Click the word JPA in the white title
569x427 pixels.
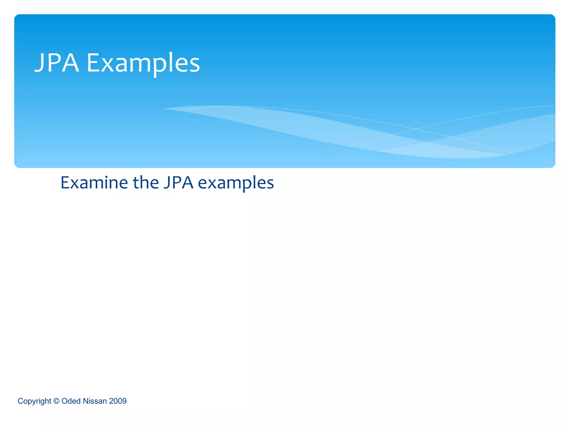click(57, 63)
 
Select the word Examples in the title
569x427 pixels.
click(143, 64)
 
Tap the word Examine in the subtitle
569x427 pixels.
click(94, 183)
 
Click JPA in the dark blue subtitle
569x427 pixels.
click(178, 183)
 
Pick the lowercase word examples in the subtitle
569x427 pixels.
click(236, 183)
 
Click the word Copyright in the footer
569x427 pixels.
click(34, 401)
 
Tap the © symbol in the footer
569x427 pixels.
click(56, 401)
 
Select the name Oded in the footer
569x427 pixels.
click(71, 401)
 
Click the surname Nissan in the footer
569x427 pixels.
click(95, 401)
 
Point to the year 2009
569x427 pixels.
click(118, 401)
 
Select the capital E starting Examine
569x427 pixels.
click(65, 183)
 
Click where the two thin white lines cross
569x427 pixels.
click(416, 129)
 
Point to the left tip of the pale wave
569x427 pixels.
click(164, 109)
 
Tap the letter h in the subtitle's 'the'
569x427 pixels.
click(146, 182)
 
